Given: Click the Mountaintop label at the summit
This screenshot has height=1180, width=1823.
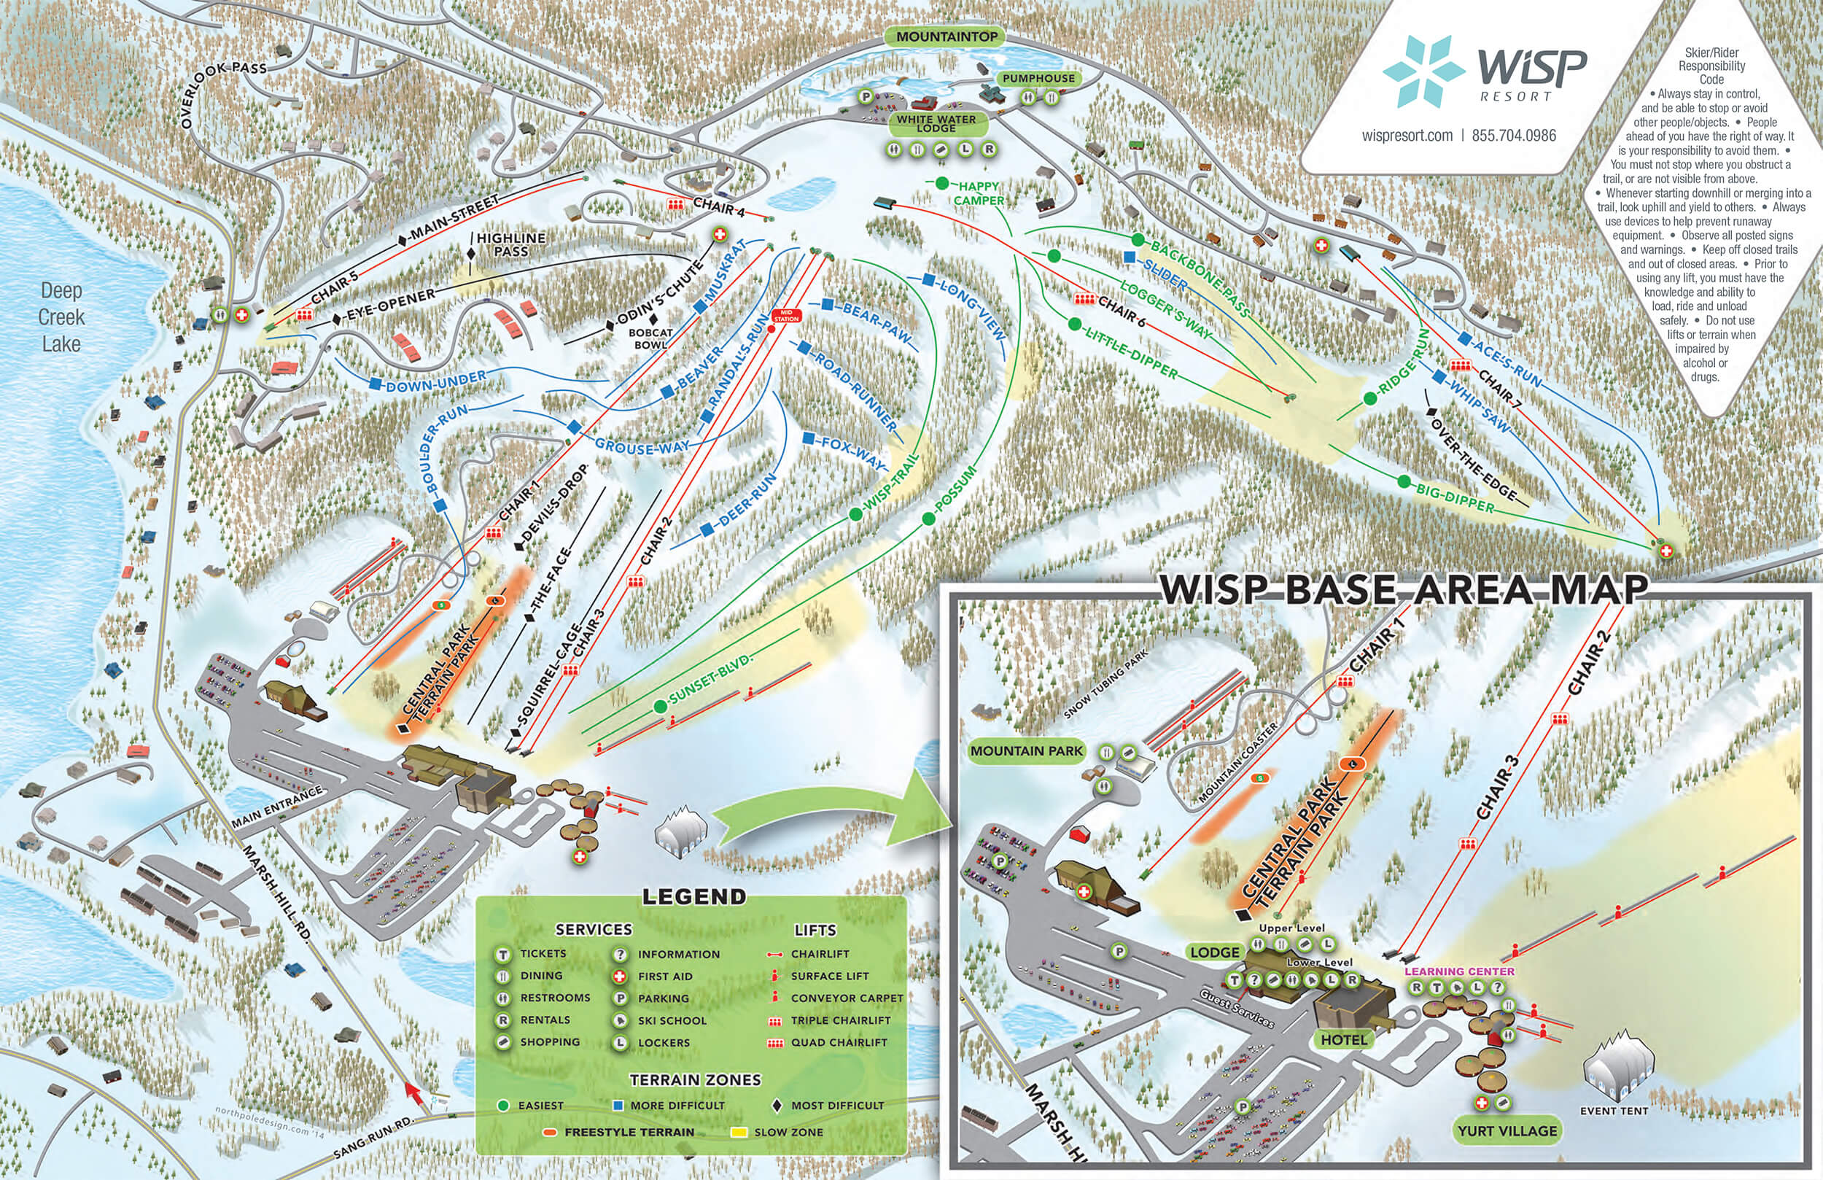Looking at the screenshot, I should click(947, 36).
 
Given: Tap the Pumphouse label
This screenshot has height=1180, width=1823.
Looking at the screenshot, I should click(1038, 78).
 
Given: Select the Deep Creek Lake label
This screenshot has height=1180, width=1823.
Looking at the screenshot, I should click(61, 317).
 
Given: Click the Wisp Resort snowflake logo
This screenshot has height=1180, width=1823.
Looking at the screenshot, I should click(1418, 71).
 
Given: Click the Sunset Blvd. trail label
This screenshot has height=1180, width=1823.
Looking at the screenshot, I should click(710, 678).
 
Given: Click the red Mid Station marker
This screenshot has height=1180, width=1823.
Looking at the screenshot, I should click(786, 316).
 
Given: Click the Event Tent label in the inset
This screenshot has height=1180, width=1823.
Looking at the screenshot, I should click(1614, 1110).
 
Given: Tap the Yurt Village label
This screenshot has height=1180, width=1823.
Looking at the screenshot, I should click(1507, 1131).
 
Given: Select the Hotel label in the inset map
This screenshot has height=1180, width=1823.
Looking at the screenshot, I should click(1343, 1040).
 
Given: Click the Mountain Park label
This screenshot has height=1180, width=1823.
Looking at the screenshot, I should click(1027, 751).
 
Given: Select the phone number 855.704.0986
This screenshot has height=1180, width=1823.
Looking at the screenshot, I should click(1514, 136).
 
